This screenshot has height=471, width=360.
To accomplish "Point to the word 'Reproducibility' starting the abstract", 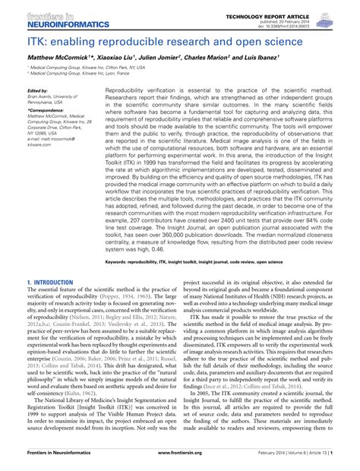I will (128, 90).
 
